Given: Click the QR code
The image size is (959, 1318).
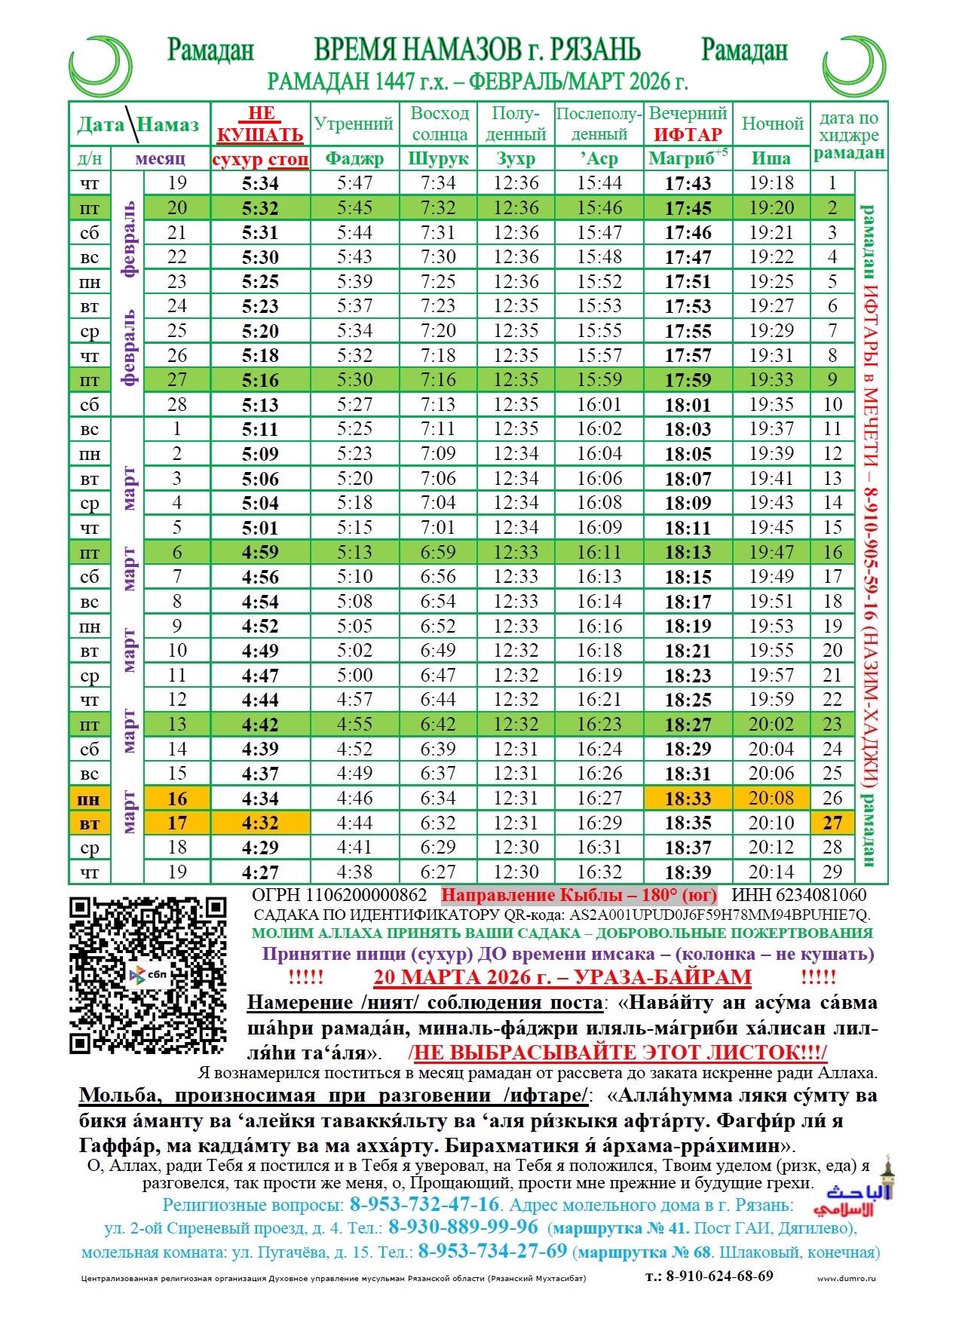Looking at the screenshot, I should pos(148,974).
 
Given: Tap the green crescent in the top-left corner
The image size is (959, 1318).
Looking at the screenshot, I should pos(101,66).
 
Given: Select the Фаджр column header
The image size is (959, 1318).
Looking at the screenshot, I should pos(354,159).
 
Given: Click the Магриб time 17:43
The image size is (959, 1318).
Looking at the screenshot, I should pos(688,183).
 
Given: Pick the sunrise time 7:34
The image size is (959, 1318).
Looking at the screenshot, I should pos(438,183).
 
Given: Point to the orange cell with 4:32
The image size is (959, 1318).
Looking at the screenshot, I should pos(260,823).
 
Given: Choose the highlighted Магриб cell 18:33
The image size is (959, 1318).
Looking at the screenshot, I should pos(688,798).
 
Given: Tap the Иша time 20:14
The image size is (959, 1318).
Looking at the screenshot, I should pos(771,872).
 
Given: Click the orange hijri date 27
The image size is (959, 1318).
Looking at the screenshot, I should pos(832,823).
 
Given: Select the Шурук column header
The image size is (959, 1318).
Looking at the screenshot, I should pos(438,159).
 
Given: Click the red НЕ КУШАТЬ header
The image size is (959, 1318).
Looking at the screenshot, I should pos(261,124).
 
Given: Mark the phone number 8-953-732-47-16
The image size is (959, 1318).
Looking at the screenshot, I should pos(424,1204).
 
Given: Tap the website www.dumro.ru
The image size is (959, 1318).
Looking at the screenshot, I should pos(846,1278).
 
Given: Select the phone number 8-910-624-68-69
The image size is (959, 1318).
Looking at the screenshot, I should pos(719,1276).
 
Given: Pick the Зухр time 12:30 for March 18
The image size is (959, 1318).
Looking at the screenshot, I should pos(516,848).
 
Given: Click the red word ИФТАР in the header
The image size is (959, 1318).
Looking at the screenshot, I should pos(688,135).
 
